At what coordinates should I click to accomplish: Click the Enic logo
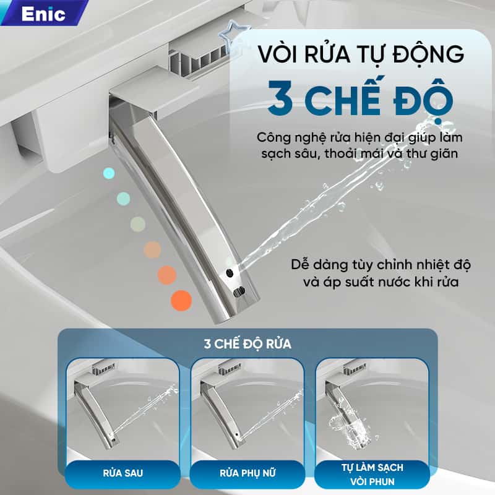pos(43,14)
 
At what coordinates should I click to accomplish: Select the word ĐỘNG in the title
pos(428,54)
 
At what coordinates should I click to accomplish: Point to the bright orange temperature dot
pos(181,301)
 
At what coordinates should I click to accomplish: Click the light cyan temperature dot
pos(109,173)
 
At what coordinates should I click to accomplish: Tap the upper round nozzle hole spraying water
pos(230,273)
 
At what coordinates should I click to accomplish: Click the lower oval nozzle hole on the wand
pos(239,291)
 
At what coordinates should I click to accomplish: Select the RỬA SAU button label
pos(123,473)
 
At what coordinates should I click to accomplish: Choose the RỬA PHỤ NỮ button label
pos(247,473)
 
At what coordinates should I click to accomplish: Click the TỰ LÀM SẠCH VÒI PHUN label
pos(372,475)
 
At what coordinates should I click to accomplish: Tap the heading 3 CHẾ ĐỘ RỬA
pos(247,344)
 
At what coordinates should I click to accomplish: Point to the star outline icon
pos(233,35)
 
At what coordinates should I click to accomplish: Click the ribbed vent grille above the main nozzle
pos(198,59)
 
